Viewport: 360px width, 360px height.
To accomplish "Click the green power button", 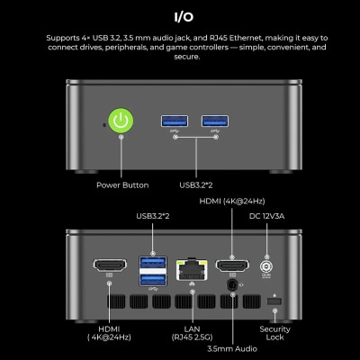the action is click(x=121, y=121).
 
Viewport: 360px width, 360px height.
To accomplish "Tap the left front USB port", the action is click(x=175, y=121).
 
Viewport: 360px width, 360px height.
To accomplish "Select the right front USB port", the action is click(x=215, y=121).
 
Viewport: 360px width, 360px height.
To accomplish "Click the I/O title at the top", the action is click(x=184, y=17).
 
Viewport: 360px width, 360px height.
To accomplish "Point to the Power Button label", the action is click(x=122, y=185).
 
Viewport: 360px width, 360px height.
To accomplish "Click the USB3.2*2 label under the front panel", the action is click(x=196, y=185).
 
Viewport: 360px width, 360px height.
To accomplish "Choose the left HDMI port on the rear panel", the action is click(x=110, y=265).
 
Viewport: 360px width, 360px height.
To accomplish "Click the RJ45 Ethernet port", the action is click(x=192, y=270).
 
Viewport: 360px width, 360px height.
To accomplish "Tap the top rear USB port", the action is click(x=153, y=263).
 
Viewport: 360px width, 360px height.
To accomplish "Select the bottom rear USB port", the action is click(x=153, y=280).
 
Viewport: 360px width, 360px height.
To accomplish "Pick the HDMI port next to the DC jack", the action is click(x=232, y=265).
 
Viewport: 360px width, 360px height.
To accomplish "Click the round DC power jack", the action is click(x=266, y=266).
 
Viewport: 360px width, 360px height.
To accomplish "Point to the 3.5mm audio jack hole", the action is click(x=232, y=285).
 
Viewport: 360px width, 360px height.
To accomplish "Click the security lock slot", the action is click(x=274, y=301).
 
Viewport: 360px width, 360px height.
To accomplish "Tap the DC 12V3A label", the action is click(x=266, y=216).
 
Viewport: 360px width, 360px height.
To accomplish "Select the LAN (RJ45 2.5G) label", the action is click(x=192, y=333).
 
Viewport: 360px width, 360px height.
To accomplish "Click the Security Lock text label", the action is click(x=274, y=333).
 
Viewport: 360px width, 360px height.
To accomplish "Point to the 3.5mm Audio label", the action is click(x=232, y=348).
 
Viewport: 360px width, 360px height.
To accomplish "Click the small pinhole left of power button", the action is click(x=104, y=125).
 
